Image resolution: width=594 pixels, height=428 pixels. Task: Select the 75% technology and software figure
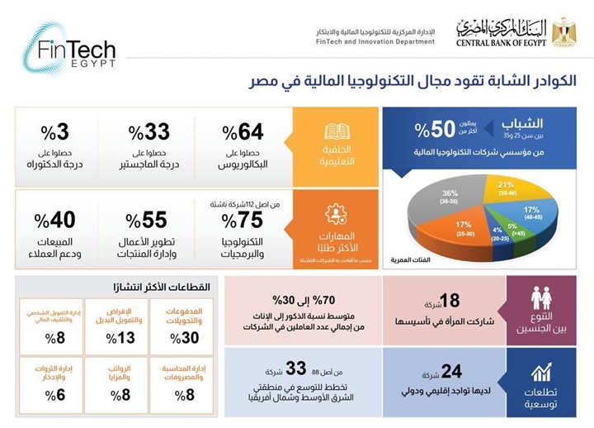coord(242,220)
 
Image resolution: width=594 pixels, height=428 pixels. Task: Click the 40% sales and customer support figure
coord(55,220)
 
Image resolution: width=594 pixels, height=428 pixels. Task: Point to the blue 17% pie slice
coord(530,213)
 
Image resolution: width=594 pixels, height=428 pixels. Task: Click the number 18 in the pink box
coord(450,299)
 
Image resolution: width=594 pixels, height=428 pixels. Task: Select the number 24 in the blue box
coord(450,371)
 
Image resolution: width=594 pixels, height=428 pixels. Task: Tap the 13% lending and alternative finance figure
coord(126,337)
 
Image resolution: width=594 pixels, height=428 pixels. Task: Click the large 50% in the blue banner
coord(436,129)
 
